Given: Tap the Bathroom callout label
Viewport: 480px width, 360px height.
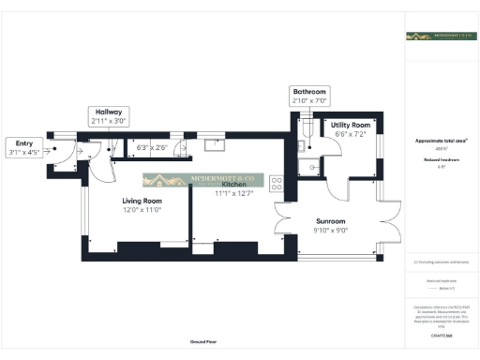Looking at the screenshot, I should click(308, 90).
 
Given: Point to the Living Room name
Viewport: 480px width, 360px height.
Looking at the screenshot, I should click(142, 201).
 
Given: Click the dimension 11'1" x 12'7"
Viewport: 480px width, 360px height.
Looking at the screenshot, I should click(234, 193).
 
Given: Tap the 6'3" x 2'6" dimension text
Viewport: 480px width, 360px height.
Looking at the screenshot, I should click(152, 147).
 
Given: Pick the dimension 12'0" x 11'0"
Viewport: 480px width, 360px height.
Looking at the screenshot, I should click(142, 210).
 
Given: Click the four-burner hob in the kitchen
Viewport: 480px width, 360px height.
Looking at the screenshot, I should click(277, 184).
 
